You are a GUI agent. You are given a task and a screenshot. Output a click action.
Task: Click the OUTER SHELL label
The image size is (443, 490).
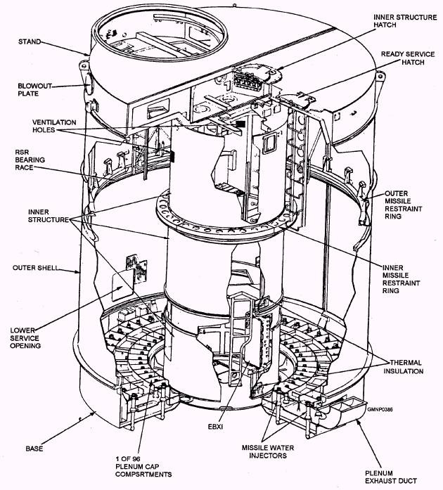click(30, 267)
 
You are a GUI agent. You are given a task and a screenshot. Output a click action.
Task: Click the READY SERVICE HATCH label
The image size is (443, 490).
click(409, 58)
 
